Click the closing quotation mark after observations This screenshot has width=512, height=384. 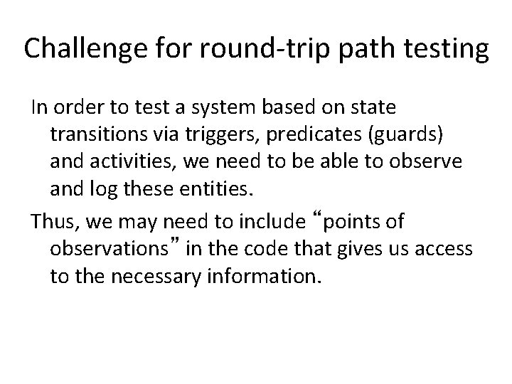coord(184,244)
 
